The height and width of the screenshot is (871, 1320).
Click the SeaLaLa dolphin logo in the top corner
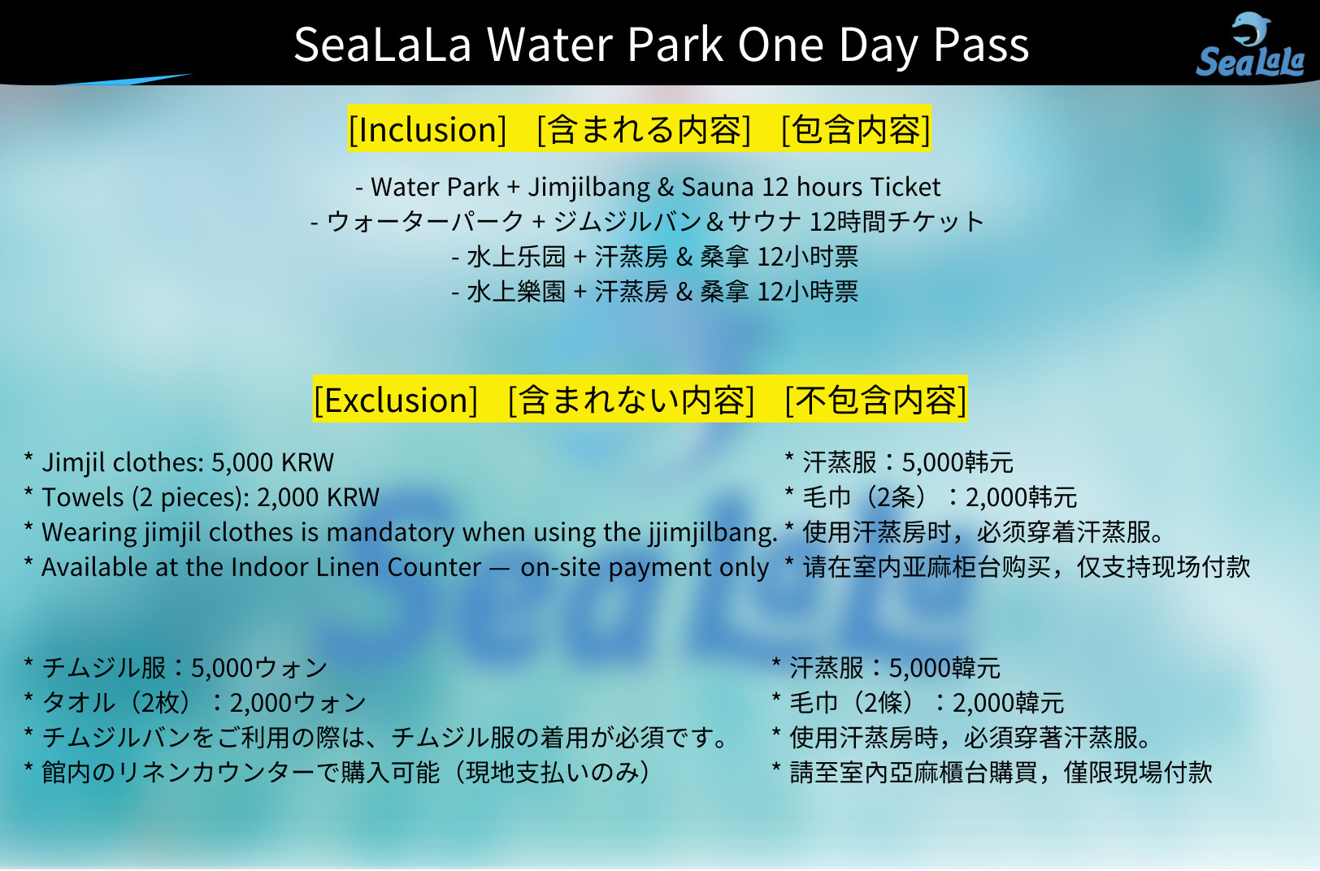click(1250, 47)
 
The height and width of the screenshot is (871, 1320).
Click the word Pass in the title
click(981, 45)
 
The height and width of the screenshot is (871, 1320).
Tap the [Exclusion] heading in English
click(396, 401)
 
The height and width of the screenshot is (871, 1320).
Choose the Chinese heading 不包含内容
click(875, 401)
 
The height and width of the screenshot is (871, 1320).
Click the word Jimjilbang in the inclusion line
click(589, 188)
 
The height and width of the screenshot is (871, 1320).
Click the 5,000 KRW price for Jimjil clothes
click(272, 462)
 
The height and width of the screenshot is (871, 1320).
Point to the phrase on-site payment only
click(645, 567)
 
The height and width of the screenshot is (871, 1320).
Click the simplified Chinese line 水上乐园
click(655, 257)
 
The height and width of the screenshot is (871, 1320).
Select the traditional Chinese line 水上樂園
click(655, 292)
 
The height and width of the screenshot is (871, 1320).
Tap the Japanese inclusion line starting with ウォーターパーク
click(648, 222)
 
